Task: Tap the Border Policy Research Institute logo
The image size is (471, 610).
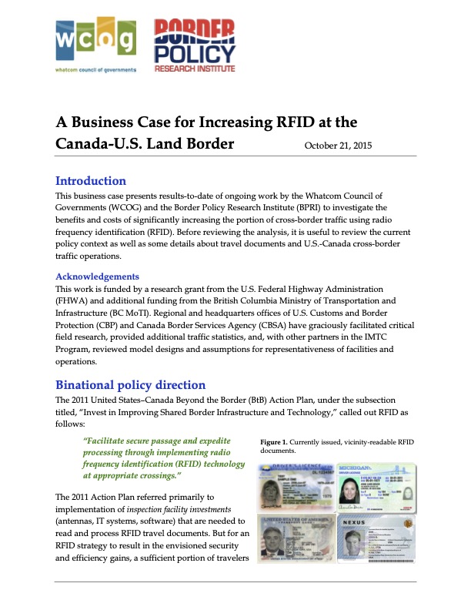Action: pyautogui.click(x=194, y=44)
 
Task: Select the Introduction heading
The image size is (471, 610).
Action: pyautogui.click(x=90, y=181)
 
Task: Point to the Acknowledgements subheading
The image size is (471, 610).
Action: pyautogui.click(x=97, y=276)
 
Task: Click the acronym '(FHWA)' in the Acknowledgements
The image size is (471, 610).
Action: pyautogui.click(x=69, y=302)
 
